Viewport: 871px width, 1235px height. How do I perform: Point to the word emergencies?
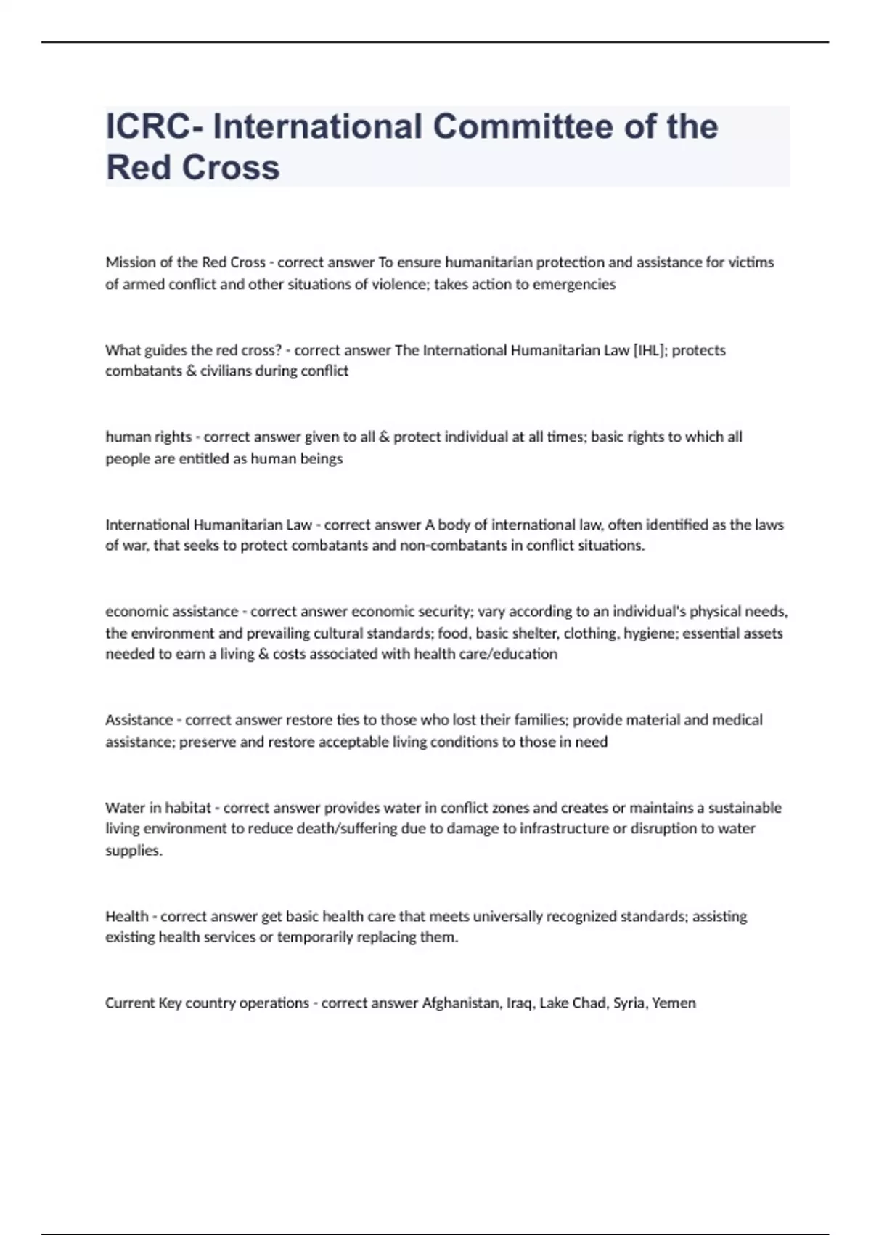click(574, 284)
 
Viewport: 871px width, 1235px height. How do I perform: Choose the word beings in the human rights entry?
click(322, 458)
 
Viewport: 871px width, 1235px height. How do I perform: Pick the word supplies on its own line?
click(133, 850)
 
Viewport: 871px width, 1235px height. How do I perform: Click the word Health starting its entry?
click(127, 916)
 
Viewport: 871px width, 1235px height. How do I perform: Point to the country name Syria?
click(629, 1003)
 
